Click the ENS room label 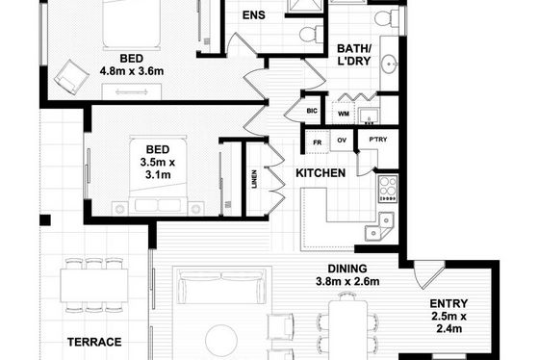[254, 15]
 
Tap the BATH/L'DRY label [354, 55]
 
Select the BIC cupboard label [312, 111]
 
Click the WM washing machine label [344, 114]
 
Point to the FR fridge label [318, 142]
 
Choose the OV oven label [342, 141]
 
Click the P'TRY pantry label [378, 140]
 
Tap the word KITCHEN [321, 173]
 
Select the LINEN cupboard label [254, 179]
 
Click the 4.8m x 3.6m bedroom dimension [132, 71]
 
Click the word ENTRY [449, 303]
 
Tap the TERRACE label [94, 342]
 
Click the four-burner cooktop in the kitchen [388, 189]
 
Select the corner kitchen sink [379, 226]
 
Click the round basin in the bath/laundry [390, 64]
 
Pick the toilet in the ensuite [312, 34]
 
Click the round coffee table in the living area [221, 341]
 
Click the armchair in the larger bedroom [71, 77]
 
